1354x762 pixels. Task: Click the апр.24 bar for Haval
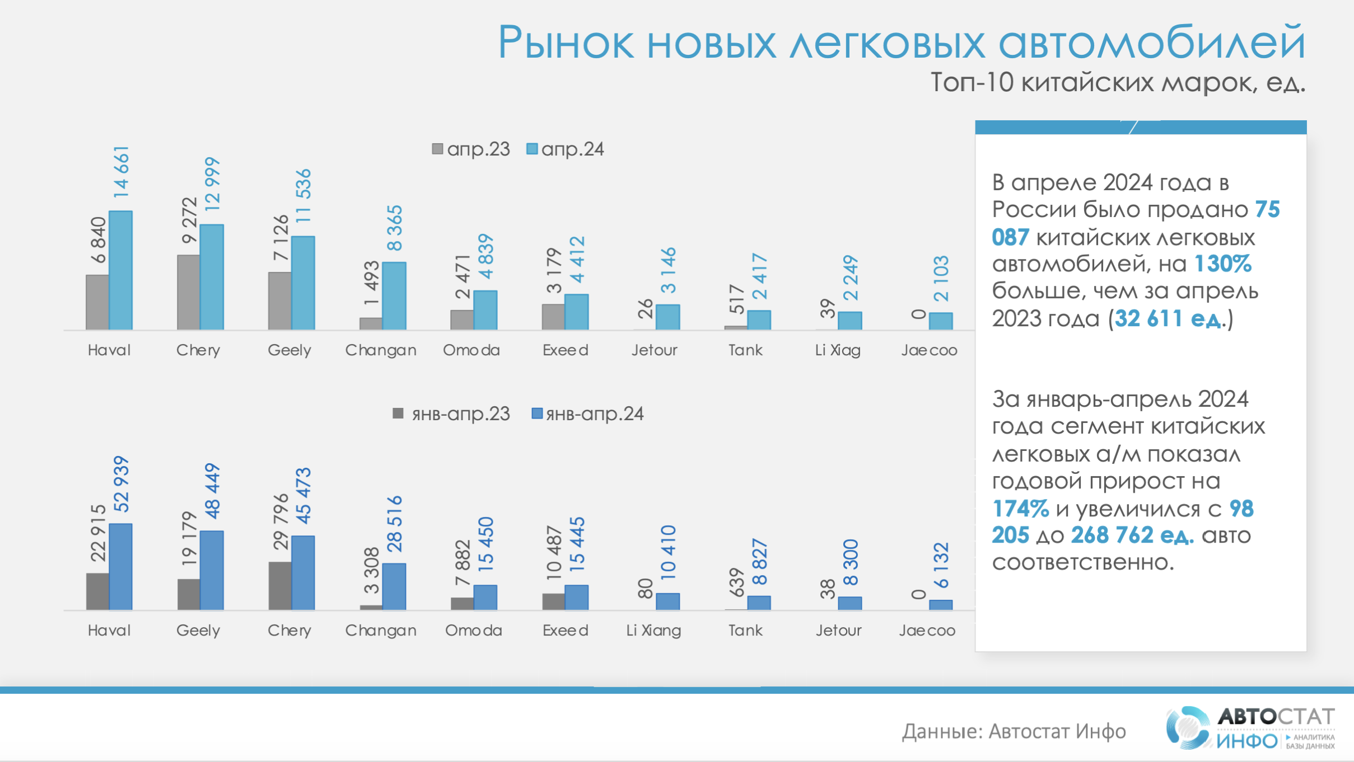(x=120, y=270)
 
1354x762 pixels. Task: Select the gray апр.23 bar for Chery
(x=188, y=292)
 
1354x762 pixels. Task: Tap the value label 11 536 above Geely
(x=302, y=196)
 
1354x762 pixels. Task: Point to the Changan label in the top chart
(x=380, y=350)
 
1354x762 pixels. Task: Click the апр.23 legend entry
(x=471, y=149)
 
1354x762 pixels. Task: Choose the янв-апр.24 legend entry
(x=587, y=414)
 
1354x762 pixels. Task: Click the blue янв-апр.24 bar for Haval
(x=120, y=566)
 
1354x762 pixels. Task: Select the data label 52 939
(x=121, y=485)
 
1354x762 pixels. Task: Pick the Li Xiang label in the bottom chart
(x=653, y=631)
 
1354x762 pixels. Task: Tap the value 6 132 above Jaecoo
(x=941, y=565)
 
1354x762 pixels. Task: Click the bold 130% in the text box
(x=1223, y=264)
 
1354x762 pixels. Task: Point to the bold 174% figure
(x=1020, y=509)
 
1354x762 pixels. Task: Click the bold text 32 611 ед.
(x=1168, y=318)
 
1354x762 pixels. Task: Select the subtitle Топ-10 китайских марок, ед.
(x=1118, y=83)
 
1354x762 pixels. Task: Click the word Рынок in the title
(x=566, y=43)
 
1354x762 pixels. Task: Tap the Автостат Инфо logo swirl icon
(x=1187, y=727)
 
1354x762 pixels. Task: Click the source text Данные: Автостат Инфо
(x=1014, y=731)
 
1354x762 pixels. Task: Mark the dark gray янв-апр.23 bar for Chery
(x=279, y=585)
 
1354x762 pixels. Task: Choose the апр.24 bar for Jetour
(x=667, y=317)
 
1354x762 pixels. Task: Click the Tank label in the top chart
(x=745, y=350)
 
